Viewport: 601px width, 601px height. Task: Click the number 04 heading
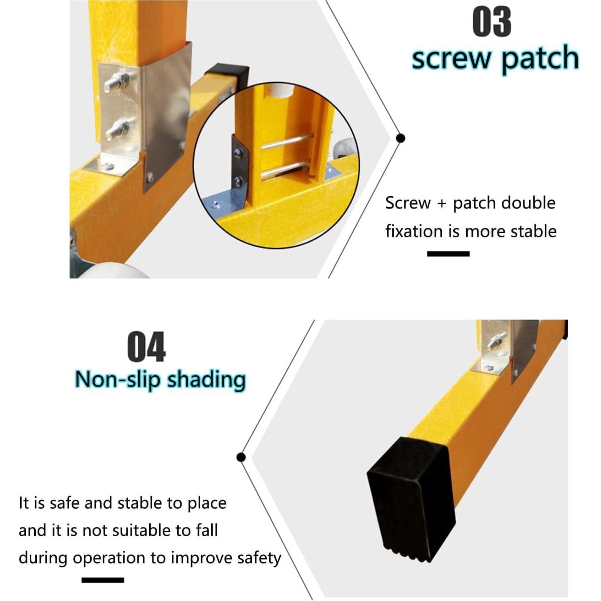(146, 347)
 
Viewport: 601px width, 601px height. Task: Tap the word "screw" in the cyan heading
(451, 59)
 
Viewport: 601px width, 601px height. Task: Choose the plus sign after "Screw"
(442, 204)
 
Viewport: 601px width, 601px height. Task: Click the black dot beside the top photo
(401, 138)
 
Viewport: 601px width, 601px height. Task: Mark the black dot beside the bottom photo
(241, 457)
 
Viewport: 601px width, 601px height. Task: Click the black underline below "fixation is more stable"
(448, 254)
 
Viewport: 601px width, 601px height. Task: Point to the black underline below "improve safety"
(103, 580)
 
